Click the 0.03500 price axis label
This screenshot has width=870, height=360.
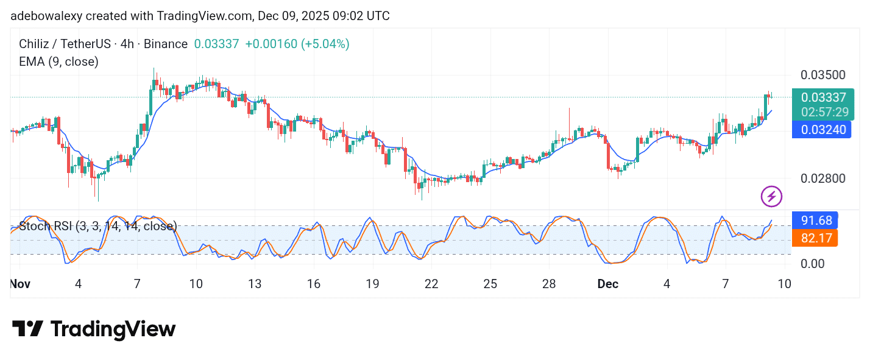click(x=822, y=75)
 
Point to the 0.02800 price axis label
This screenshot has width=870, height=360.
click(x=822, y=178)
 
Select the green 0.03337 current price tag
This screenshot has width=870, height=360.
click(x=823, y=97)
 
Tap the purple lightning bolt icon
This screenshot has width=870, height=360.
click(x=771, y=196)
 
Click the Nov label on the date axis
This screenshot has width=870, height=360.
click(x=19, y=284)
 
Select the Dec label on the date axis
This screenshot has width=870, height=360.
click(x=607, y=284)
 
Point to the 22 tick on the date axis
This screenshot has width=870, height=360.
click(x=431, y=284)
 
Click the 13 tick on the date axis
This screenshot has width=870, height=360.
click(x=254, y=284)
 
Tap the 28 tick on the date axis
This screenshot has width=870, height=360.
click(x=549, y=284)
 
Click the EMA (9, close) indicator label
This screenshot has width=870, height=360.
click(x=58, y=62)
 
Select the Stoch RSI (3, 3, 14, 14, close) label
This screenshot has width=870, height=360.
click(x=98, y=227)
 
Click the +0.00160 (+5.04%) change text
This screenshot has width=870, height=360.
click(x=297, y=44)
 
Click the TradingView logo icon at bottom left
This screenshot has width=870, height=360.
click(x=27, y=329)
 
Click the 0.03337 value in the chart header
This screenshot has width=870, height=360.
click(x=216, y=44)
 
